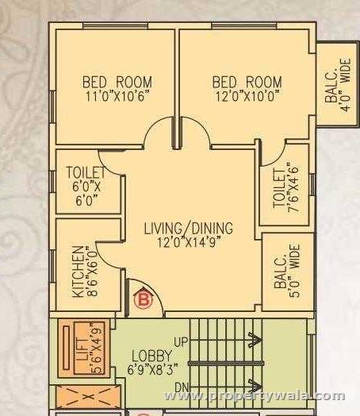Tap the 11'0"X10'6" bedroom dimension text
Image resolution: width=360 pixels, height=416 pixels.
pyautogui.click(x=117, y=95)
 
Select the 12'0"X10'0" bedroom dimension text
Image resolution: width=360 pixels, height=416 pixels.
pyautogui.click(x=247, y=95)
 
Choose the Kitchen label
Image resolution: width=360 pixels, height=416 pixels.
pyautogui.click(x=78, y=271)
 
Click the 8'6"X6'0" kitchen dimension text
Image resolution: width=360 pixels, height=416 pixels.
pyautogui.click(x=94, y=271)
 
